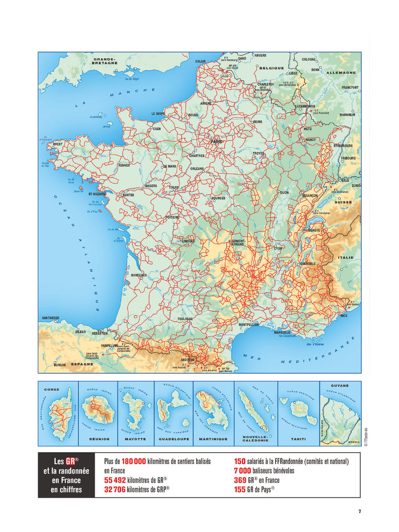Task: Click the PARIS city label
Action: tap(216, 141)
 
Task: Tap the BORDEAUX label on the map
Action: tap(139, 275)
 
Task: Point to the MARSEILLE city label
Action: tap(282, 332)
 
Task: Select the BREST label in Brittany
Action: tap(58, 144)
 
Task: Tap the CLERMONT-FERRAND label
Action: tap(237, 242)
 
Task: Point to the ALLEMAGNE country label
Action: tap(341, 73)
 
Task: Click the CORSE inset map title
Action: tap(51, 389)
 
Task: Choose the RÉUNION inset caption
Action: tap(99, 439)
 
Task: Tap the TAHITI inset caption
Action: tap(298, 439)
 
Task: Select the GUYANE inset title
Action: tap(340, 386)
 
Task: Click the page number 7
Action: tap(359, 511)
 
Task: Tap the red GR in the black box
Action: tap(71, 461)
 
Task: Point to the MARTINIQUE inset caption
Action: tap(213, 439)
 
